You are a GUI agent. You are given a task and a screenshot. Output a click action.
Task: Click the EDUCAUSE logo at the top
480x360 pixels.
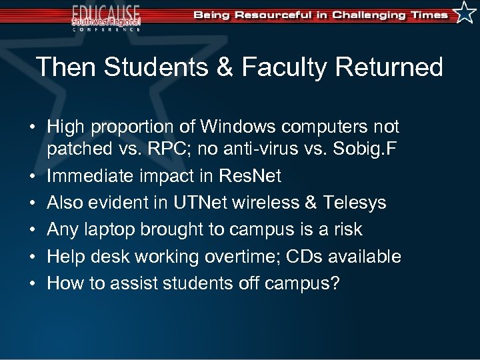point(106,17)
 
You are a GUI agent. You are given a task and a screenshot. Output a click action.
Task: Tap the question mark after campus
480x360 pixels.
point(335,283)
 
